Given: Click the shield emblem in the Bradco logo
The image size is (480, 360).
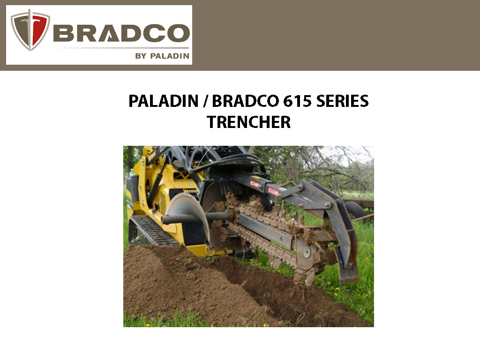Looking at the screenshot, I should pyautogui.click(x=30, y=30).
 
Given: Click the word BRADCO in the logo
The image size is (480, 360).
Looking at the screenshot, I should pyautogui.click(x=121, y=33).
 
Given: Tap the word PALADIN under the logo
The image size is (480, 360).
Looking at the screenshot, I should pyautogui.click(x=170, y=56).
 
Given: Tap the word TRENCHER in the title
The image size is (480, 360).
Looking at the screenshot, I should pyautogui.click(x=248, y=122).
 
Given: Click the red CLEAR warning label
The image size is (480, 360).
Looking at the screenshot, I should pyautogui.click(x=274, y=191).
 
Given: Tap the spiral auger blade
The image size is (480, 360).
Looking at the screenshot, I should pyautogui.click(x=187, y=211).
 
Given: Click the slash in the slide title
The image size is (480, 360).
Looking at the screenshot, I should pyautogui.click(x=205, y=101).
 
